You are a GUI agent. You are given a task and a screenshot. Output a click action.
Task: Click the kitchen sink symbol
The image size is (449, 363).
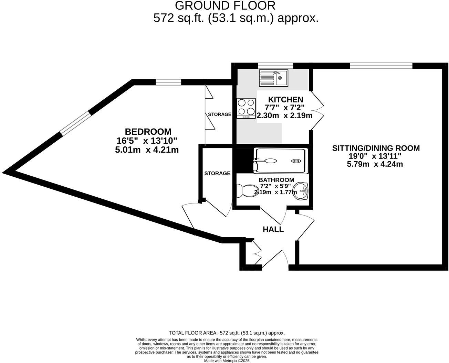[x=273, y=78]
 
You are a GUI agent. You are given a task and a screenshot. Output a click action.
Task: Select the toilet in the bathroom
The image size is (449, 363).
[x=245, y=190]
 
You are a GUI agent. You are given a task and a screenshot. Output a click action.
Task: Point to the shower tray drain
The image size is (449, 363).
[x=296, y=161]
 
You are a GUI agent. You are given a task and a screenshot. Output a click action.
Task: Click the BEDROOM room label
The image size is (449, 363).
[x=148, y=132]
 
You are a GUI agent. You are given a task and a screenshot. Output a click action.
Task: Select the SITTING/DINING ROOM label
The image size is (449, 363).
[x=376, y=148]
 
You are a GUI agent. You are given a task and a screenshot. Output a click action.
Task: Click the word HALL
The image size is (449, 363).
[x=273, y=229]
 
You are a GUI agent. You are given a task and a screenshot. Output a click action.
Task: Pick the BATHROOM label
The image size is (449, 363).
[x=276, y=180]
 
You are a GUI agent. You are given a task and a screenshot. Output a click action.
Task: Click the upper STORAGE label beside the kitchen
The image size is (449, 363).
[x=219, y=114]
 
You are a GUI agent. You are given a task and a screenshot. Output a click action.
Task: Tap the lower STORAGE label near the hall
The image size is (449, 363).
[x=217, y=173]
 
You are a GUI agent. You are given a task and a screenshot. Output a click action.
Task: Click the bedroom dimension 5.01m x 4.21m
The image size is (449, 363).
[x=147, y=150]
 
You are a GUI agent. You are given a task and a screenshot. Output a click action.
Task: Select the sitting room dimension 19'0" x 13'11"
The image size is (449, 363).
[x=375, y=156]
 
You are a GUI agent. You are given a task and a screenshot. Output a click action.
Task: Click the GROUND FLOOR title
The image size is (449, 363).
[x=225, y=5]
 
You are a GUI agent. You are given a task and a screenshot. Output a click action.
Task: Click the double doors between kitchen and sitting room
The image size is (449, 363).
[x=317, y=110]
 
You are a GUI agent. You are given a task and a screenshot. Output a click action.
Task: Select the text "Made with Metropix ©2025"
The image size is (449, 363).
[x=227, y=361]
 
